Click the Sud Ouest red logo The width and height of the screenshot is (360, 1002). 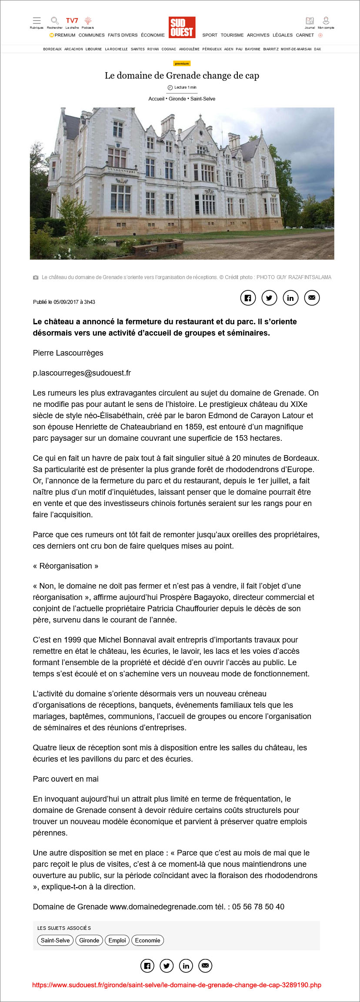182,27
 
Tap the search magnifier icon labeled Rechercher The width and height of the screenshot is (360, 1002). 54,21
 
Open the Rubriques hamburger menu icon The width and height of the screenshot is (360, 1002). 37,21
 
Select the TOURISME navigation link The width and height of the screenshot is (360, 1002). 232,35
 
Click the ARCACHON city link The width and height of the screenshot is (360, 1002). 73,49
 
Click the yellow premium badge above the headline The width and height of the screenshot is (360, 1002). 182,63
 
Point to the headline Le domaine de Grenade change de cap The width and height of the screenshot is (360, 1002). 182,76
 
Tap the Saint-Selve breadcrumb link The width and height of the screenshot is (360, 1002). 203,99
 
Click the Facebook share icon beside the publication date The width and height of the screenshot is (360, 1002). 247,298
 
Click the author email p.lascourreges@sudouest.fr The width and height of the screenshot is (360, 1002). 82,373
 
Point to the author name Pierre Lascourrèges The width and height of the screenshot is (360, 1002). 68,353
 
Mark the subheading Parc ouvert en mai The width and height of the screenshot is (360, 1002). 66,779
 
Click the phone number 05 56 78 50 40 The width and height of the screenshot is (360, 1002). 258,907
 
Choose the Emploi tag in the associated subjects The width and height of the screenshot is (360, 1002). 117,940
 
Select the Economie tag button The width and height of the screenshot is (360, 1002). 147,940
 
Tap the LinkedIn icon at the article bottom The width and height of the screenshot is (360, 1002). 186,966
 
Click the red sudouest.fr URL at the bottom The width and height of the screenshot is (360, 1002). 177,985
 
